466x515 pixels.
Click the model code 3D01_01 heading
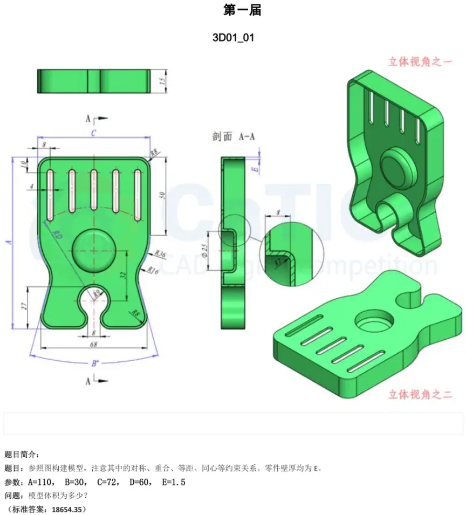(233, 38)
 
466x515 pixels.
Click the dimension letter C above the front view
(93, 133)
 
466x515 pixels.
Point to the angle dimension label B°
(94, 363)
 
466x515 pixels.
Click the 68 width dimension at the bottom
(93, 344)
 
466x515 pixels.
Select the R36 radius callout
(160, 252)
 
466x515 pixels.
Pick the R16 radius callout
(153, 271)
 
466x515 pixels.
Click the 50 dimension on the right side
(162, 196)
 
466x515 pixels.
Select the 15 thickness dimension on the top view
(162, 81)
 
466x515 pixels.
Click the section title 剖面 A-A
(233, 137)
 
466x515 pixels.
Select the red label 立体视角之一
(420, 61)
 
